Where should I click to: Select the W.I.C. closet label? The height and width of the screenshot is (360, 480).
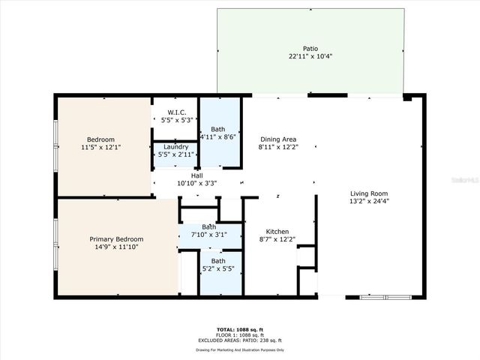click(x=176, y=112)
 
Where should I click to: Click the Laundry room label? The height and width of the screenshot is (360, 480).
click(x=175, y=146)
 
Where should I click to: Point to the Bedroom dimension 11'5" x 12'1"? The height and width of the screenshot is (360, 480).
click(x=100, y=148)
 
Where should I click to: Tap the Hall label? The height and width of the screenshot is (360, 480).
click(x=196, y=175)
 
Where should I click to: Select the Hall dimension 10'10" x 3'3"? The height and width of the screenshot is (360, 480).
click(x=196, y=183)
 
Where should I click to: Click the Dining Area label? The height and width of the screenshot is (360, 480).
click(x=278, y=139)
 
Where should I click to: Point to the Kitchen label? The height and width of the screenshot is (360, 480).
click(x=277, y=232)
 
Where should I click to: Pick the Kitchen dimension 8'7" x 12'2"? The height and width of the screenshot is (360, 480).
click(x=277, y=240)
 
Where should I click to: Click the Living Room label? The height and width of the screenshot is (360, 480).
click(x=368, y=192)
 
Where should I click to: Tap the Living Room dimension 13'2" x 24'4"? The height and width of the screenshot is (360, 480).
click(x=368, y=200)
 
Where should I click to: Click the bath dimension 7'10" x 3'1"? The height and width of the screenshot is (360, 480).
click(x=208, y=235)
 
